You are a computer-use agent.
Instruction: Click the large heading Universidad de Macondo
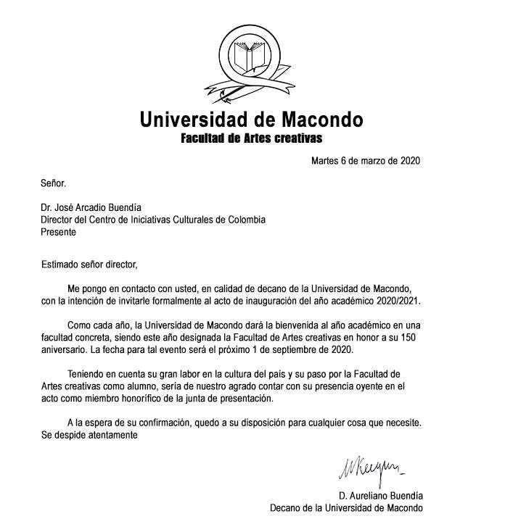tap(251, 119)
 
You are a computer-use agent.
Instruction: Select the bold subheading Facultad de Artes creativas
tap(251, 138)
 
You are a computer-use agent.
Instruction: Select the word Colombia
tap(243, 220)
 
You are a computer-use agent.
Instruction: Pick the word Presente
tap(58, 233)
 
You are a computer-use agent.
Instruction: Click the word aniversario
tap(65, 351)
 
